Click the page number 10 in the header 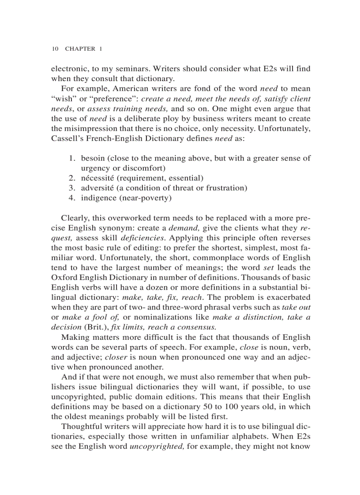click(55, 48)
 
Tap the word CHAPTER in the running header click(80, 48)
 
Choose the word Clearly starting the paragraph click(74, 218)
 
